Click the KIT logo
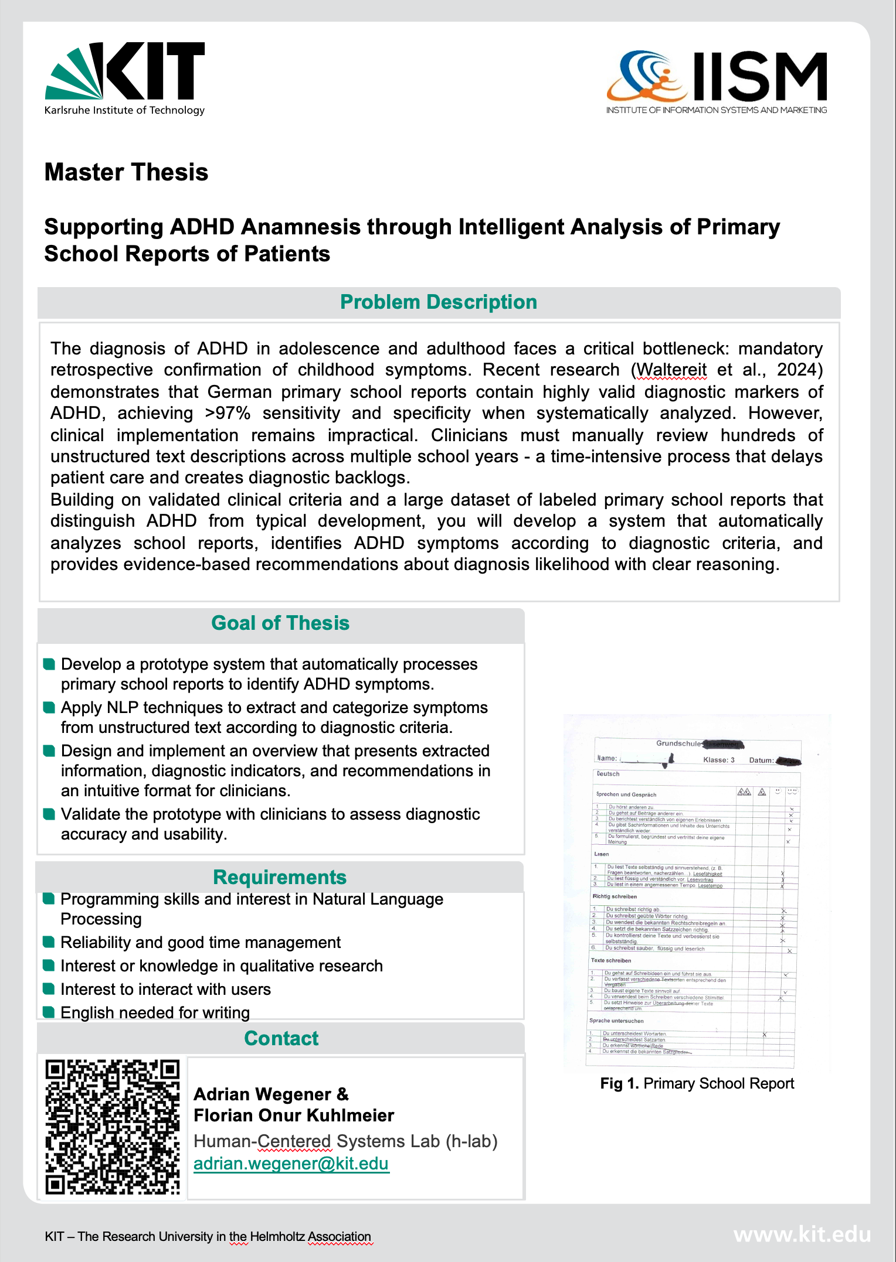(x=125, y=78)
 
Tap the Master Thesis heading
(x=127, y=172)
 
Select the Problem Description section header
(x=439, y=302)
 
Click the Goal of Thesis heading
(x=280, y=623)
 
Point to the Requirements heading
(x=280, y=877)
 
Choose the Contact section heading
(x=281, y=1038)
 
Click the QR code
(x=113, y=1127)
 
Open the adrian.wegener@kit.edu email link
(x=291, y=1164)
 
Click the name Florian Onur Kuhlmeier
(x=294, y=1116)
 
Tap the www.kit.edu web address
(x=802, y=1235)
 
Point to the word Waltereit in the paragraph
(x=671, y=370)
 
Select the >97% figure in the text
(x=228, y=414)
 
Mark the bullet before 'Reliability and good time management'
(x=49, y=942)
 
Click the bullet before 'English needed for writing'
(x=49, y=1012)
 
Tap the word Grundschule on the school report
(x=678, y=743)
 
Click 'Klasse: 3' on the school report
(x=719, y=760)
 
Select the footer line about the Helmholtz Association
(x=208, y=1237)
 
